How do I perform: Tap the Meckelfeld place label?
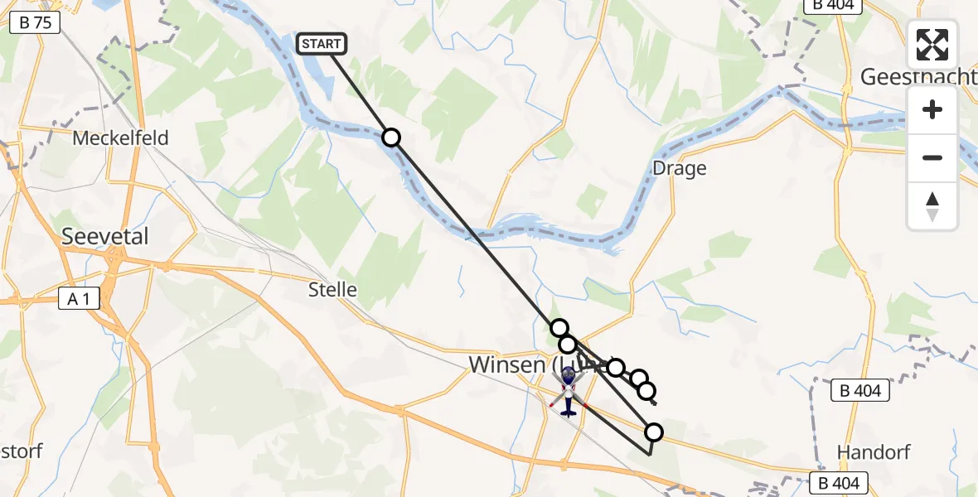click(120, 138)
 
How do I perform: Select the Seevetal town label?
click(105, 236)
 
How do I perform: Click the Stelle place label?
click(332, 289)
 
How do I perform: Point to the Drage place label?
click(679, 168)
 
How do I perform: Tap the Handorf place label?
click(874, 451)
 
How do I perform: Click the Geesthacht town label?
click(918, 76)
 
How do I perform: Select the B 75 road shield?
click(35, 22)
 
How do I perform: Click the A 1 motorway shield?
click(80, 300)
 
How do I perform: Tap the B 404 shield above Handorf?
click(859, 391)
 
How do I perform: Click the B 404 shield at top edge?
click(833, 5)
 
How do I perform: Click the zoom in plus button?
click(932, 109)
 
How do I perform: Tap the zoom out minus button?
click(932, 157)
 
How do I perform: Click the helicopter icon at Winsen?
click(569, 392)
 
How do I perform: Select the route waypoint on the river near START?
click(390, 138)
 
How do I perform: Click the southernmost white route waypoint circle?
click(654, 432)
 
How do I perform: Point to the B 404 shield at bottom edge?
click(839, 482)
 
